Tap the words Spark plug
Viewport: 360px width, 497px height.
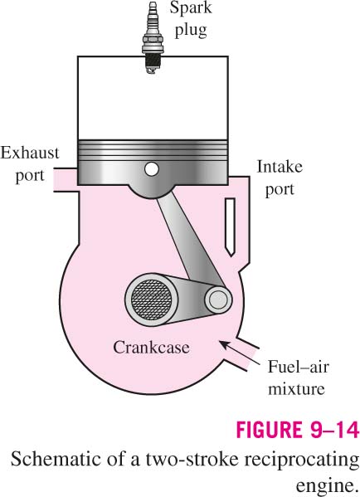pyautogui.click(x=191, y=20)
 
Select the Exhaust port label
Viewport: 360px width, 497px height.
pyautogui.click(x=30, y=163)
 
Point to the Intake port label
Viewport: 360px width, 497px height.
pyautogui.click(x=280, y=178)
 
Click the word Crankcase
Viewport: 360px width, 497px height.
pyautogui.click(x=151, y=347)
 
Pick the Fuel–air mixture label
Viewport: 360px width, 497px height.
pyautogui.click(x=298, y=378)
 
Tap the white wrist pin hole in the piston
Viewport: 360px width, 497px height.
pyautogui.click(x=152, y=168)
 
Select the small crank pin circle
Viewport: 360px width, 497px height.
pyautogui.click(x=218, y=299)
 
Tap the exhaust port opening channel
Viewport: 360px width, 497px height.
pyautogui.click(x=66, y=180)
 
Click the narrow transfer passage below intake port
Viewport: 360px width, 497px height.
pyautogui.click(x=230, y=227)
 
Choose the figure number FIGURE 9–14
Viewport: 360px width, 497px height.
pyautogui.click(x=297, y=430)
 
